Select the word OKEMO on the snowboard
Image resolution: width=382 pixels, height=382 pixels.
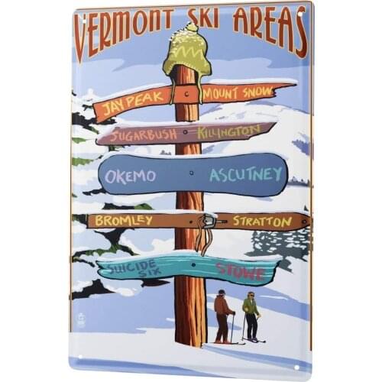coord(131,176)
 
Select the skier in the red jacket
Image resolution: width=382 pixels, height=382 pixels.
coord(222,314)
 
